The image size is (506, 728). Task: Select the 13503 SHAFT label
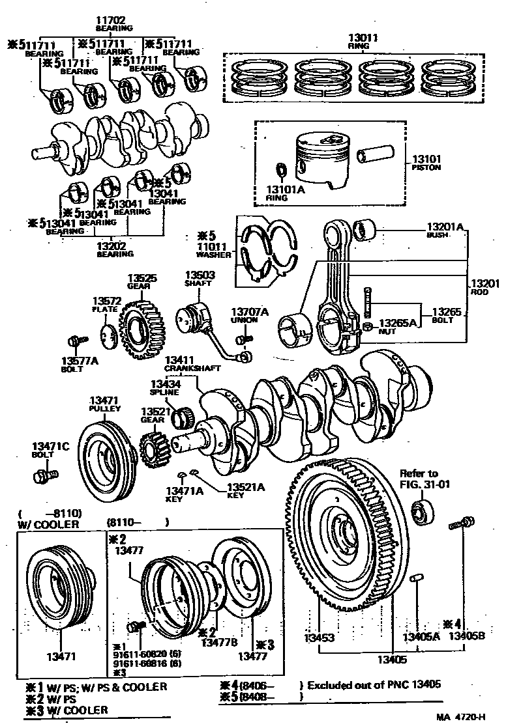pos(199,279)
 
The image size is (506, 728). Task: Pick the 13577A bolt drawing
pos(76,341)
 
